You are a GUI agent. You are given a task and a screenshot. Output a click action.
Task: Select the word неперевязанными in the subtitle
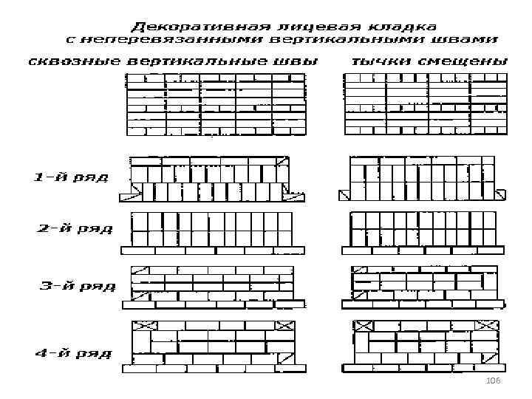pos(172,40)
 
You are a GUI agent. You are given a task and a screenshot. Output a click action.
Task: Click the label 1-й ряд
pos(71,178)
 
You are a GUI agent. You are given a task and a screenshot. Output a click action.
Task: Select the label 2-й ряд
pos(75,228)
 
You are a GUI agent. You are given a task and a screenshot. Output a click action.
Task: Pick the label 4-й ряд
pos(73,352)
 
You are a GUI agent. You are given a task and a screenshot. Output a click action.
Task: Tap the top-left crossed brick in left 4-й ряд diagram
pos(142,326)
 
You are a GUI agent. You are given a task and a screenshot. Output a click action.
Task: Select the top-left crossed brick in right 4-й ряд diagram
pos(363,325)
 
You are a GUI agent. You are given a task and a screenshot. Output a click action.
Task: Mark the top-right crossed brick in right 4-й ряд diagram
pos(488,325)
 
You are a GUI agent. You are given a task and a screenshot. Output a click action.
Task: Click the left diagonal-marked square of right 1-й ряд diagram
pos(344,195)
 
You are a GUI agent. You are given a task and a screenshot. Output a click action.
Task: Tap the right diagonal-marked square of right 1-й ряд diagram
pos(501,195)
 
